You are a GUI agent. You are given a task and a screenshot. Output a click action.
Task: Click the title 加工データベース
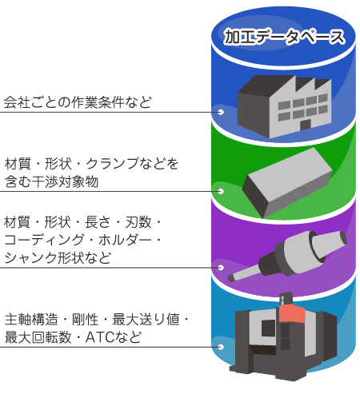pos(284,37)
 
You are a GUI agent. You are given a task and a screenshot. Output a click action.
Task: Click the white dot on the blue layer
pos(220,112)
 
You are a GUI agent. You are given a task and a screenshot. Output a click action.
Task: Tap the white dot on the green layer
pos(220,191)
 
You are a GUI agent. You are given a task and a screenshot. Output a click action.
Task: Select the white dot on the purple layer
pos(220,268)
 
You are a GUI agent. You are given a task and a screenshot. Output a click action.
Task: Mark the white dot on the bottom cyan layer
pos(220,346)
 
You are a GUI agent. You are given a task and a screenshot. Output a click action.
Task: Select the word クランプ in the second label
pos(110,165)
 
